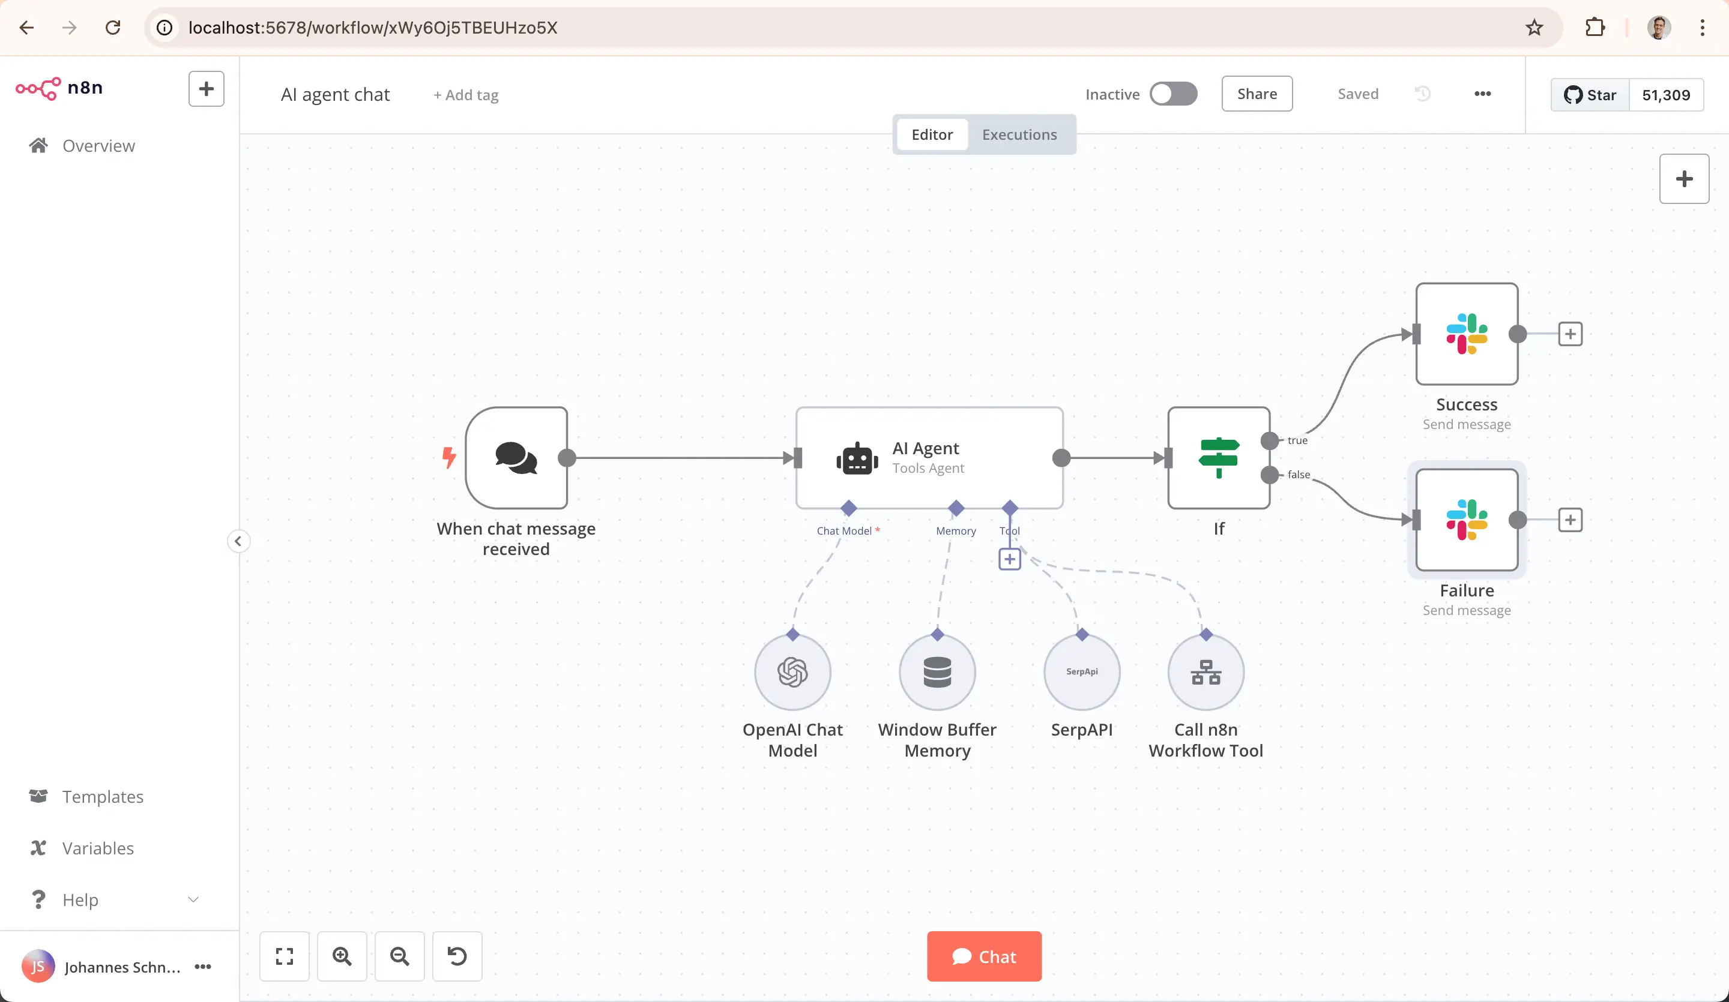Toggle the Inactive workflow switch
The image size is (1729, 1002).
1173,94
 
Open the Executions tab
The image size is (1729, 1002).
1019,134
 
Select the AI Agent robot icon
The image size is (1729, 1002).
857,458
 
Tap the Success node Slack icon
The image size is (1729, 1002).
1466,334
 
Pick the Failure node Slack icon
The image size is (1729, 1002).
1466,520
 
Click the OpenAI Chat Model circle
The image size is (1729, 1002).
792,672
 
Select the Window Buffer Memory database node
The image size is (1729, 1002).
937,672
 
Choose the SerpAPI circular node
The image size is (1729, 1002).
1082,672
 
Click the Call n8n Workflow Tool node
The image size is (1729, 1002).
1205,672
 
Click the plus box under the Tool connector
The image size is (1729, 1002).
1009,559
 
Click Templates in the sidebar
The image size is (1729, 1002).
103,796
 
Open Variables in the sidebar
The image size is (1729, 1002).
98,848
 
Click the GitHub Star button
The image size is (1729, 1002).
1590,95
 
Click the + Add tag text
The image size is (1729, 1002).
466,95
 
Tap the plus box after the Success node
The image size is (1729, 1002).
1570,334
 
